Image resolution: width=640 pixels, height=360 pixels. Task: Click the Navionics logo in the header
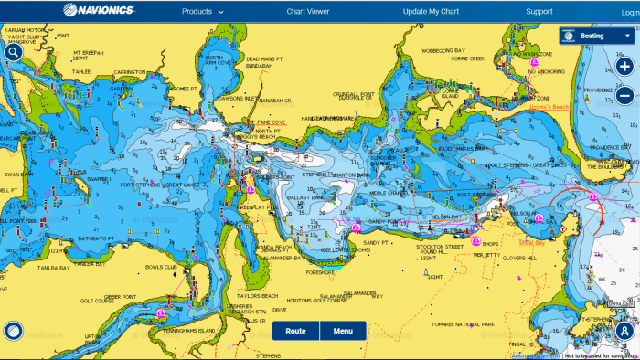point(98,12)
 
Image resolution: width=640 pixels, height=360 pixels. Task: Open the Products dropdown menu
point(202,12)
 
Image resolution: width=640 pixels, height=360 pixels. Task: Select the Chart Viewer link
point(308,12)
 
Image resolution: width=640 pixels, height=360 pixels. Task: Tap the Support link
point(539,12)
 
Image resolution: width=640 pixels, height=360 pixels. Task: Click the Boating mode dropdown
point(595,36)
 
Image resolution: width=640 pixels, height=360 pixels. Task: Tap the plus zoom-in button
point(624,66)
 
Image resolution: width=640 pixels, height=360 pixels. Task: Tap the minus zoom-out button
point(624,94)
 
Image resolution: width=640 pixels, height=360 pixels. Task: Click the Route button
point(295,331)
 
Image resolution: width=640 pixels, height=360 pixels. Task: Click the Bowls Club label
point(160,268)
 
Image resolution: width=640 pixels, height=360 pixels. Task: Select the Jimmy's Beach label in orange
point(549,107)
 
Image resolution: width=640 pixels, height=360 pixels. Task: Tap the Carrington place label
point(130,71)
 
